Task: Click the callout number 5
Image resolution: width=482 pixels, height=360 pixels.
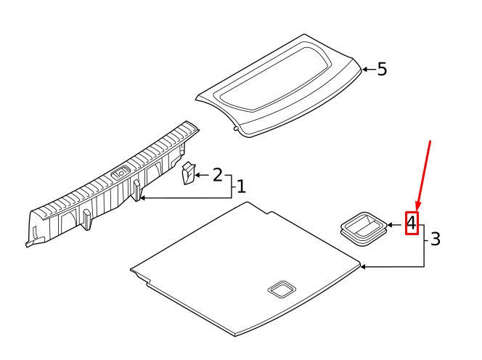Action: (382, 69)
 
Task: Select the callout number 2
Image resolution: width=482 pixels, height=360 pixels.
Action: (217, 175)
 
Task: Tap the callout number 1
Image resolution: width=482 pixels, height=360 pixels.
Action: (242, 187)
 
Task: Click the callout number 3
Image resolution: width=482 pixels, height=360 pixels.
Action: (436, 239)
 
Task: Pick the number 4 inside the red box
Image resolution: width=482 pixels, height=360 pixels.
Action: (412, 224)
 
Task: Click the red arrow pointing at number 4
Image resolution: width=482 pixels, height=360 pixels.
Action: (423, 176)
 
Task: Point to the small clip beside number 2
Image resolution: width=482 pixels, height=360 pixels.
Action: (189, 173)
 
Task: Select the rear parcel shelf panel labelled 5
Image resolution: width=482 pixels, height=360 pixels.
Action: (279, 86)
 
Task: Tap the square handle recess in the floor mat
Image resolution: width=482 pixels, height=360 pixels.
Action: (282, 290)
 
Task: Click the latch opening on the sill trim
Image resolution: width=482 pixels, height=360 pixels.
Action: (120, 173)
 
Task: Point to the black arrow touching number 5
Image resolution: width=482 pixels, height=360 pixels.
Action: (369, 69)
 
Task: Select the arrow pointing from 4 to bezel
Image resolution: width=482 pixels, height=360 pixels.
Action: (395, 225)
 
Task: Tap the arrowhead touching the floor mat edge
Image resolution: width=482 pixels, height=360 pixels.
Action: (362, 266)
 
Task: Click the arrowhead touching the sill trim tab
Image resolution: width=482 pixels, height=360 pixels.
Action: (142, 198)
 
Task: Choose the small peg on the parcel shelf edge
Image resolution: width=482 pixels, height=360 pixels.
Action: (236, 128)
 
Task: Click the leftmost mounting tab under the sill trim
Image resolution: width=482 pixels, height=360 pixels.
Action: (86, 219)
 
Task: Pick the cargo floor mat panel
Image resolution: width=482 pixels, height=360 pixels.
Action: (245, 269)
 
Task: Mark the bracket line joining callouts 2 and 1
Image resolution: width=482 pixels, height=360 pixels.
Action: (232, 187)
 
